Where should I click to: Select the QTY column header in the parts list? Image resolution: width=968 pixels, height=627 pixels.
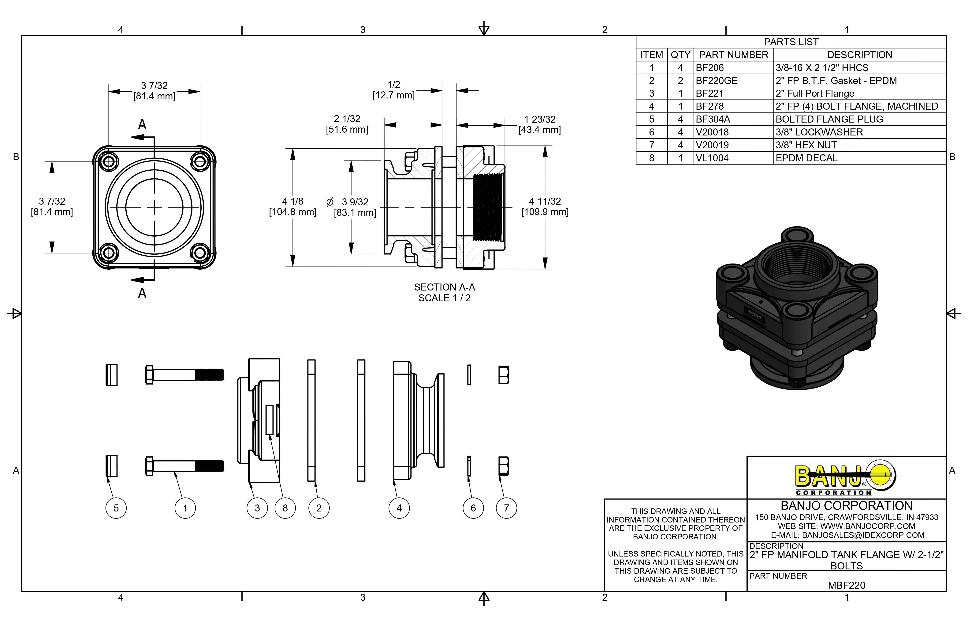point(680,55)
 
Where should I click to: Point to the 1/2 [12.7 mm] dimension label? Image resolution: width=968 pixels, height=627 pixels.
point(394,90)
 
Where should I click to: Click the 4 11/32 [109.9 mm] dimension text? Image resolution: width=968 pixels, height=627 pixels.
point(545,206)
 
